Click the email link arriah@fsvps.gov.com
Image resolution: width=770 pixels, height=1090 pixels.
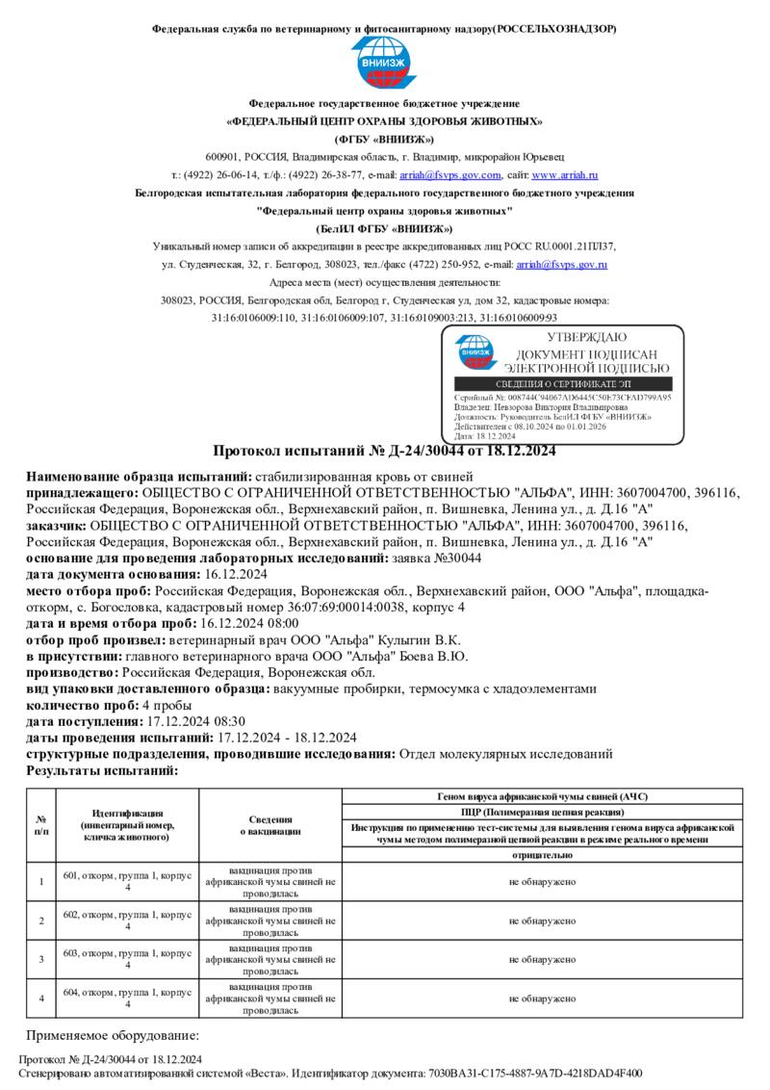coord(450,175)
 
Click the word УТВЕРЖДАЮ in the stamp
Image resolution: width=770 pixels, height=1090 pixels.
coord(586,337)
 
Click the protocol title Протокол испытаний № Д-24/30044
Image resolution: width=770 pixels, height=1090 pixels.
coord(384,451)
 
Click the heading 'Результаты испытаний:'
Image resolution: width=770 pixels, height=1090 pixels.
coord(102,771)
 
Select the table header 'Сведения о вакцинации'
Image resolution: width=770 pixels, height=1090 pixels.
coord(270,825)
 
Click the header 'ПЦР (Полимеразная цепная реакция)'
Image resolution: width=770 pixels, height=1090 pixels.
coord(543,812)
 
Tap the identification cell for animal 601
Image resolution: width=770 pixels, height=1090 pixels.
coord(128,881)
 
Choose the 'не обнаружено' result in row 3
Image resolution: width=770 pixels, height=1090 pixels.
coord(543,960)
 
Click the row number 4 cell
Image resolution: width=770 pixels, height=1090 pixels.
coord(41,999)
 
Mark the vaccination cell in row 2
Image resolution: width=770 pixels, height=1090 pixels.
coord(270,921)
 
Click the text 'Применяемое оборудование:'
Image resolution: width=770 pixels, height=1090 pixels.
coord(112,1035)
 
